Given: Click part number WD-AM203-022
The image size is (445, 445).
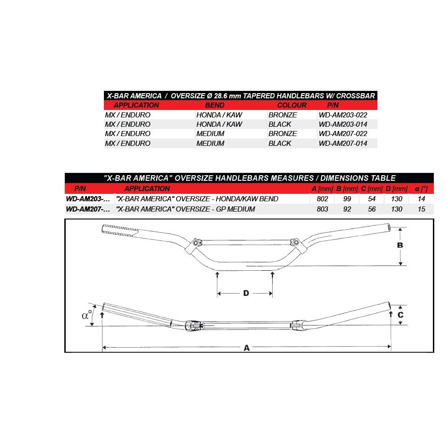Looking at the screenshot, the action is tap(343, 115).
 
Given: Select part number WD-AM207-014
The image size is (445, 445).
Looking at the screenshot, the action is tap(343, 144).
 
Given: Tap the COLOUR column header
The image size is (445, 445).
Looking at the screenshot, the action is tap(292, 105).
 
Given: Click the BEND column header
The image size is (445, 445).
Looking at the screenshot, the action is tap(215, 105).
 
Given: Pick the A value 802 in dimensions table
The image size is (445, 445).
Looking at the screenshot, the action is tap(322, 199).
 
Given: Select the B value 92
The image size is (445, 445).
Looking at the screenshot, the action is tap(347, 209).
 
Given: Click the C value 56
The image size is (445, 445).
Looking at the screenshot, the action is tap(372, 209).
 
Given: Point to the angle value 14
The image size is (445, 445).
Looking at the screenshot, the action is tap(421, 199).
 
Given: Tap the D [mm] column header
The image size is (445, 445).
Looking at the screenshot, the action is tap(397, 189).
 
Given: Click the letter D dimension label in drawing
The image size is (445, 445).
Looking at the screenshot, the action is tap(246, 293).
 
